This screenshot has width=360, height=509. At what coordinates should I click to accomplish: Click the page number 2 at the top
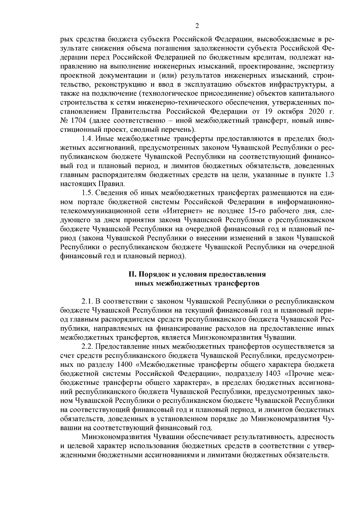[197, 26]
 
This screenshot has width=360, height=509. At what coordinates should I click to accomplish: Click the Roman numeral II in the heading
[131, 274]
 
